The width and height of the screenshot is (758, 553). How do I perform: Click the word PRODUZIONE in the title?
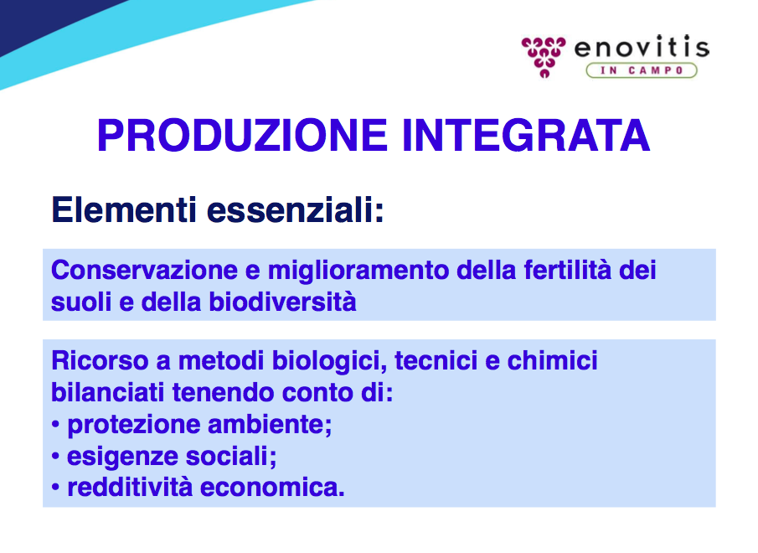tap(242, 136)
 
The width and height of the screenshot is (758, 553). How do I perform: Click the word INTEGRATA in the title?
tap(526, 136)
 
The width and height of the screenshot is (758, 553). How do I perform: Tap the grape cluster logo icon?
tap(544, 57)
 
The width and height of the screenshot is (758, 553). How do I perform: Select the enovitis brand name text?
tap(642, 48)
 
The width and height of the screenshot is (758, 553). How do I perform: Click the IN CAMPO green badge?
tap(642, 70)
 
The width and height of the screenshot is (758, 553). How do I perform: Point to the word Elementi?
tap(124, 209)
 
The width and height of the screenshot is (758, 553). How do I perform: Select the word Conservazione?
tap(145, 270)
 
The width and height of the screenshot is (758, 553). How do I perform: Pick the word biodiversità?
tap(282, 302)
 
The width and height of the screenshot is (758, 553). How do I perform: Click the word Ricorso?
tap(100, 360)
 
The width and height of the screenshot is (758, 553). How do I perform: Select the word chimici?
tap(552, 360)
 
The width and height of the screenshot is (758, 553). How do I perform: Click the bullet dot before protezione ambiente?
tap(55, 425)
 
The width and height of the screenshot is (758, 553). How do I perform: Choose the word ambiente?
tap(269, 425)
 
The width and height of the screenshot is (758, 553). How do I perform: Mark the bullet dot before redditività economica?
tap(55, 488)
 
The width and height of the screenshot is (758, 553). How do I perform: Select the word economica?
tap(271, 488)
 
